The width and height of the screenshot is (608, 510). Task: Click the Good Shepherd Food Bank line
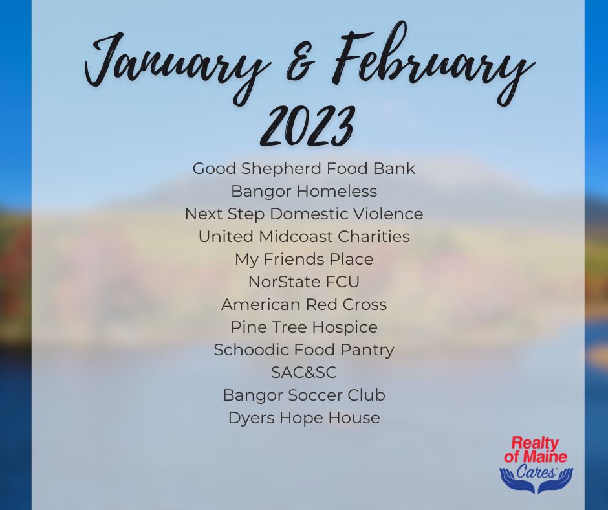[x=304, y=169]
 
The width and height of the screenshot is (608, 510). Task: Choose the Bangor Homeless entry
[x=304, y=192]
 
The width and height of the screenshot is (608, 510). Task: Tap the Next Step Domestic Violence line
[x=304, y=214]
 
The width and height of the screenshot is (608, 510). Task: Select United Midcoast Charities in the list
[x=304, y=236]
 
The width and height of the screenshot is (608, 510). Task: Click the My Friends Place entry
[x=304, y=260]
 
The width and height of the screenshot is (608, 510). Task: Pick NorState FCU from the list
[x=304, y=282]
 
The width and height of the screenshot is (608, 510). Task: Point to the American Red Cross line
[x=304, y=304]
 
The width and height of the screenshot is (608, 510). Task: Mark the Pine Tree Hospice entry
[x=304, y=327]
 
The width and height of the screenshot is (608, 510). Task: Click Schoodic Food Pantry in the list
[x=304, y=349]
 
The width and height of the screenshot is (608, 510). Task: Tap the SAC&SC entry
[x=304, y=373]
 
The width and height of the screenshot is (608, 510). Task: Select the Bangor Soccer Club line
[x=304, y=395]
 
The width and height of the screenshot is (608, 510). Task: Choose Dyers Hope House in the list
[x=304, y=418]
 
